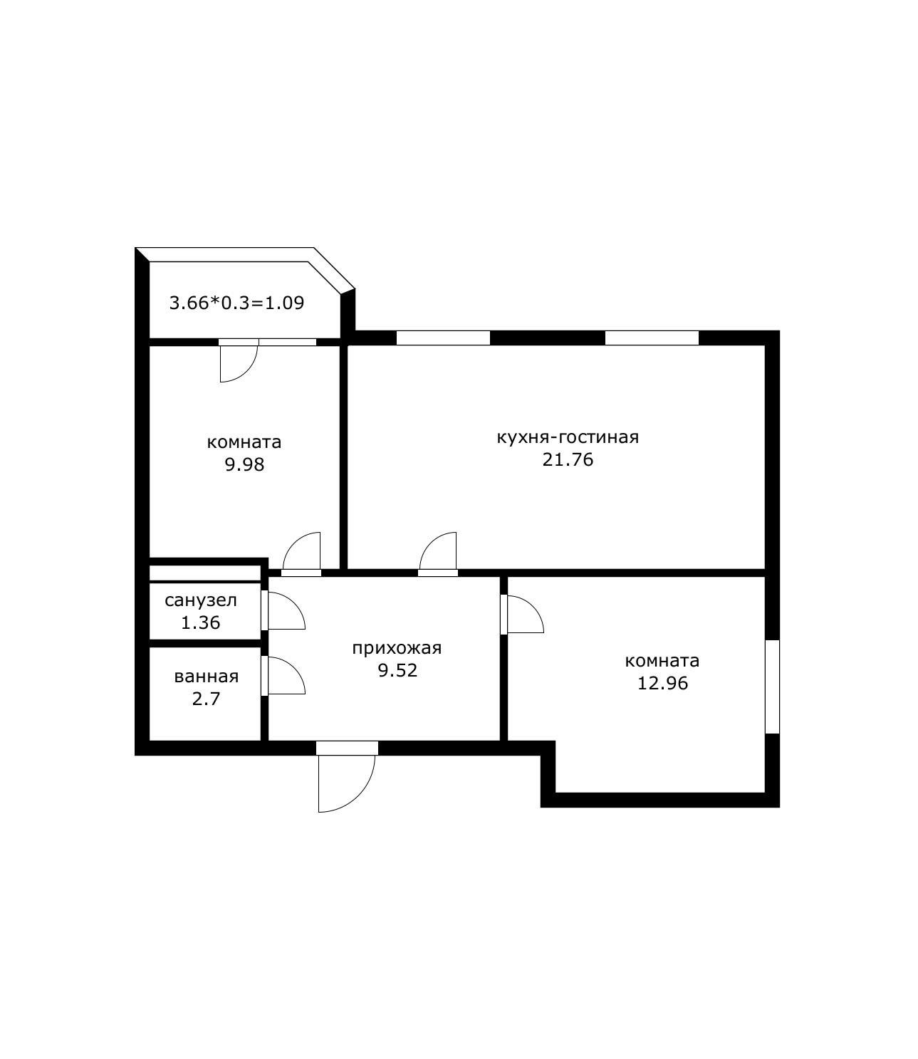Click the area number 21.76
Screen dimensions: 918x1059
tap(568, 459)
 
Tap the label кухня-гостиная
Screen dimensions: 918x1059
tap(568, 437)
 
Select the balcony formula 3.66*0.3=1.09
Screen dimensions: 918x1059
tap(236, 303)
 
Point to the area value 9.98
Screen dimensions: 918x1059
tap(244, 464)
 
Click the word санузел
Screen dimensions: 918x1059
tap(201, 600)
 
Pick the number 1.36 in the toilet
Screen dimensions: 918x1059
tap(200, 622)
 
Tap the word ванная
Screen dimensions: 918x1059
tap(207, 677)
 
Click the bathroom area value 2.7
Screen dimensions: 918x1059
tap(206, 699)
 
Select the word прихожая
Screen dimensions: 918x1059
tap(397, 648)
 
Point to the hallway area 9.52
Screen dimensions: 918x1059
tap(397, 671)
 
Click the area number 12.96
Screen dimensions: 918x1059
tap(662, 683)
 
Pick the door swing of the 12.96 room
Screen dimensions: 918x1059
tap(533, 606)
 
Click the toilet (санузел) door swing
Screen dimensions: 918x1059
tap(295, 603)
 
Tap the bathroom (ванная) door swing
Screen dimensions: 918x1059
tap(295, 667)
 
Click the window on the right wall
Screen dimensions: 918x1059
tap(773, 687)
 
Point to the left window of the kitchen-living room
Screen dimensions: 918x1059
tap(443, 338)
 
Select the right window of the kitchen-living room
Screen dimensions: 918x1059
tap(652, 338)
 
